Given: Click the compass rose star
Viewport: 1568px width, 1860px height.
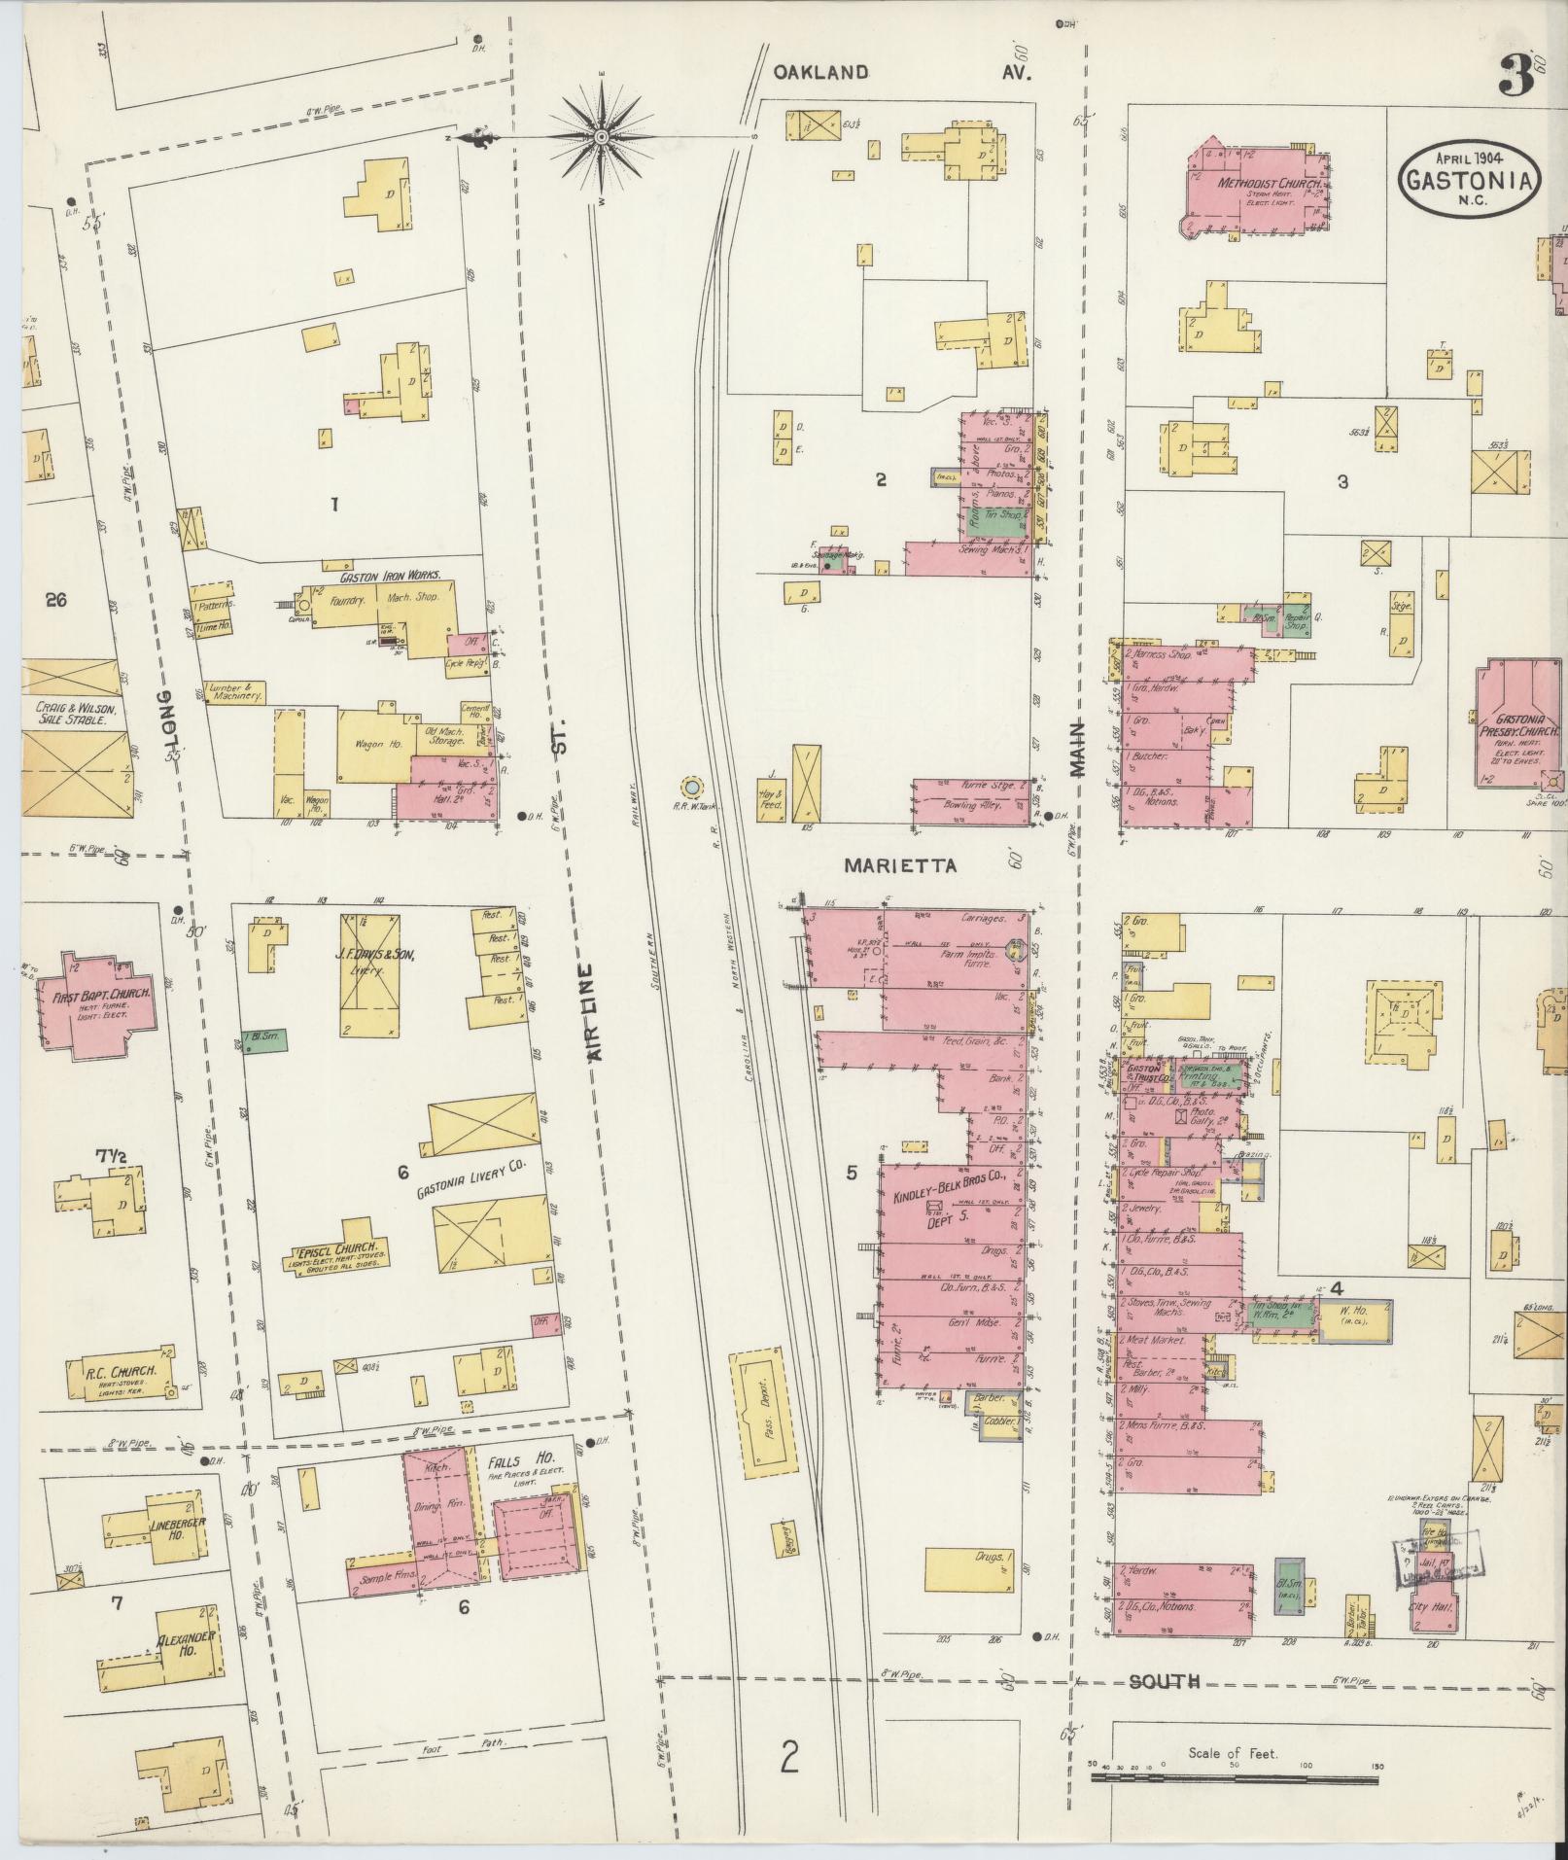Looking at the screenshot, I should (601, 137).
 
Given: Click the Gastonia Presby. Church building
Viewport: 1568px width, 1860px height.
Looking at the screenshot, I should (1519, 723).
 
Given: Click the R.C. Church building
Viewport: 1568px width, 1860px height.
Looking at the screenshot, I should (121, 1378).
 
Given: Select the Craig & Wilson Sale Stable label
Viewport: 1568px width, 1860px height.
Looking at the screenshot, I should (68, 715).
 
